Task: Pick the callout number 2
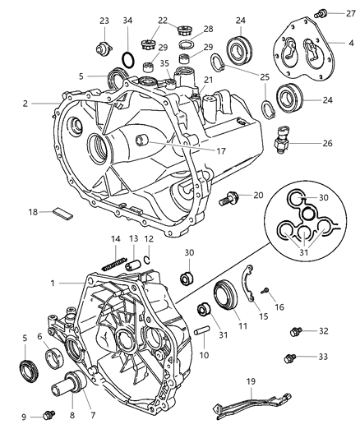26,104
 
